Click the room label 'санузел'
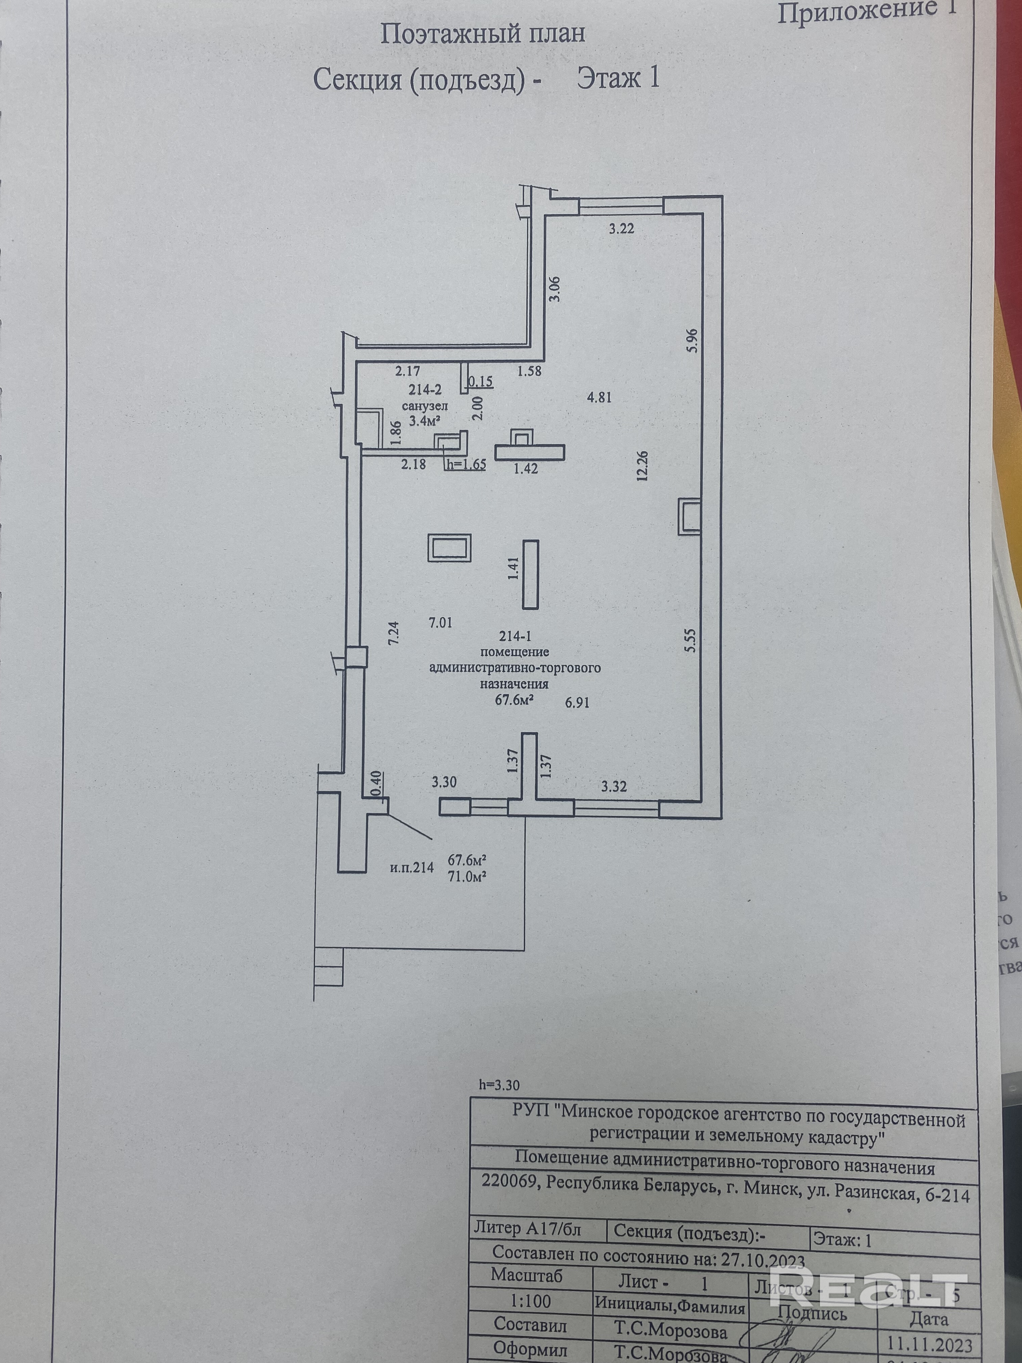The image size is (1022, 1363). tap(425, 406)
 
